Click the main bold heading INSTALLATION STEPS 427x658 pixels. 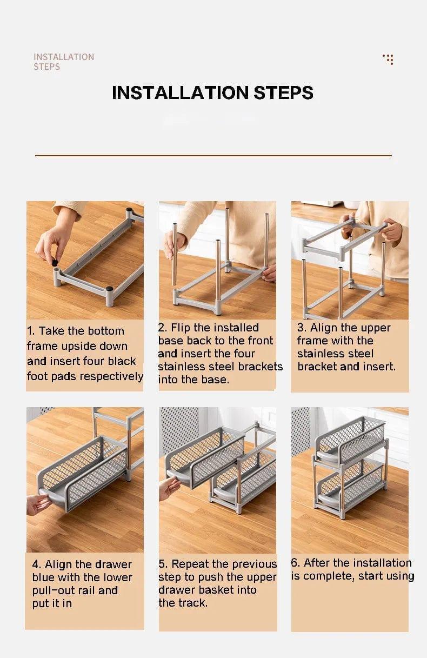pyautogui.click(x=212, y=92)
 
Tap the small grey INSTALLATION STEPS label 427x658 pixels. pyautogui.click(x=64, y=62)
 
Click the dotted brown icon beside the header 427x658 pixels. pyautogui.click(x=389, y=59)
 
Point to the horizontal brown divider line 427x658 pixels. pyautogui.click(x=213, y=155)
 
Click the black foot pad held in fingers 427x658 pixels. pyautogui.click(x=55, y=263)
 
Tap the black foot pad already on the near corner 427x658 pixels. pyautogui.click(x=110, y=289)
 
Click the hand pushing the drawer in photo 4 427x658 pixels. pyautogui.click(x=39, y=504)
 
